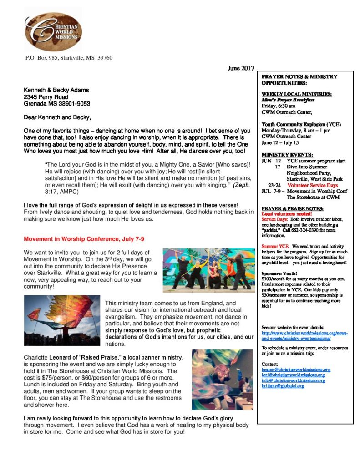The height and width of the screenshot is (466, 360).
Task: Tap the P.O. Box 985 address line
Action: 69,58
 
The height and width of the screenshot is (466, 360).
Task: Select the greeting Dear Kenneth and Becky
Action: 54,117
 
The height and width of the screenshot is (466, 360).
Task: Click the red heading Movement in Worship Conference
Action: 84,239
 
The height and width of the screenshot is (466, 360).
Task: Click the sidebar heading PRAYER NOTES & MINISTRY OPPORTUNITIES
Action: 299,80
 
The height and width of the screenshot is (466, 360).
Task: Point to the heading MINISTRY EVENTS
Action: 287,155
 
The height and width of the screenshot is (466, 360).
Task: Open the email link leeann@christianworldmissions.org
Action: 296,370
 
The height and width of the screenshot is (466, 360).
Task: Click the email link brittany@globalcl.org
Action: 283,386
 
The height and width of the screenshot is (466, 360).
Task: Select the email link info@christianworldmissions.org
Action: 293,380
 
